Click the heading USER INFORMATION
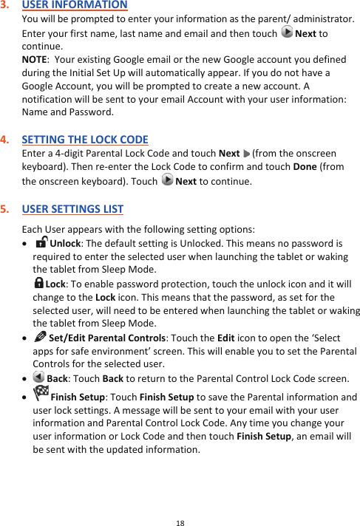click(x=75, y=5)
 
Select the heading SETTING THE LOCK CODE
click(x=85, y=140)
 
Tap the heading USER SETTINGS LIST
click(x=72, y=208)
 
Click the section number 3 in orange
click(x=5, y=5)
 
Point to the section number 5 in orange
click(x=5, y=208)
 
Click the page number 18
click(x=180, y=522)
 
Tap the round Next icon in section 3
click(x=287, y=34)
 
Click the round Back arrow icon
click(x=38, y=378)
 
